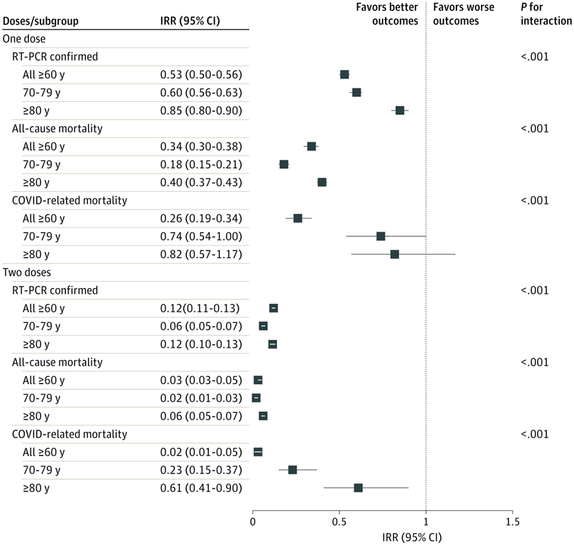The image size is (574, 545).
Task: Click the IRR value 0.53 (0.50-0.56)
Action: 201,74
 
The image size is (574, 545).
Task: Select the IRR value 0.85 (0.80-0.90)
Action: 201,110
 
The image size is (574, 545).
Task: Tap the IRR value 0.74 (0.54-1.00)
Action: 201,236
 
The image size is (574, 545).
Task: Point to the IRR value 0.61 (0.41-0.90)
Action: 201,488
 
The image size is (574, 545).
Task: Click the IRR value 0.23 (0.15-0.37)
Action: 201,470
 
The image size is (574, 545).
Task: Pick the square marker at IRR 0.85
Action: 400,110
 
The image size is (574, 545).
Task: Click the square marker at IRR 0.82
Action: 395,254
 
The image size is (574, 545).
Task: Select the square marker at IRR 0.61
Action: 359,488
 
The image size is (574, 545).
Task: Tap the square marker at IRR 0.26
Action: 298,218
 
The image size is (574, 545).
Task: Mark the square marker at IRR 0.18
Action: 284,164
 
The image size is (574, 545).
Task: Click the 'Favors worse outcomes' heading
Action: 456,13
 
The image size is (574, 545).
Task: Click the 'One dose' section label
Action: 25,38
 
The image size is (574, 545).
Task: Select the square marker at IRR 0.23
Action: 293,470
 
